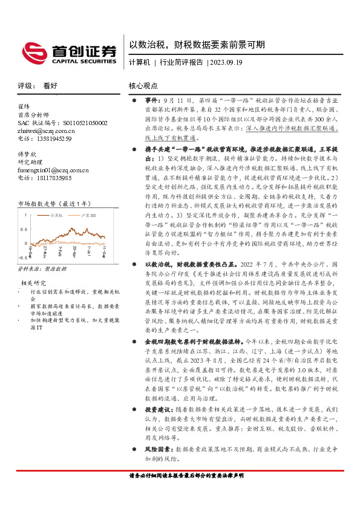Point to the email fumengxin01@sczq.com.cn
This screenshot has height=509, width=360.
(53, 170)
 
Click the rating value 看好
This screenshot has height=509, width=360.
(50, 86)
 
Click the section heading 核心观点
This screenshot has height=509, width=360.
(143, 86)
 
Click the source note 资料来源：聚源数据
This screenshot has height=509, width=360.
(42, 267)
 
